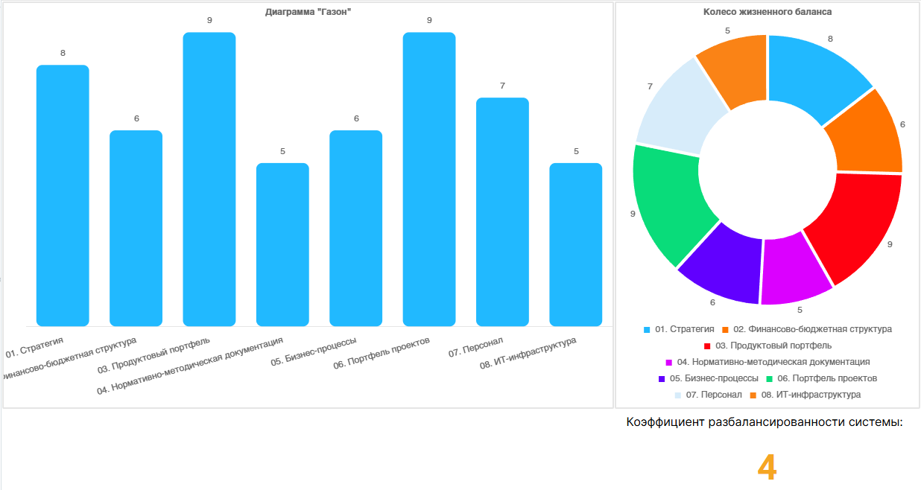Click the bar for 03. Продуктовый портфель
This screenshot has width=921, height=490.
(x=209, y=179)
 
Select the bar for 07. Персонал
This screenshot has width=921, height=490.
(x=502, y=211)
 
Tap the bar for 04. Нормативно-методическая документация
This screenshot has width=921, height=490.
(x=282, y=244)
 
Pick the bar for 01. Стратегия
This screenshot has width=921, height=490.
(x=63, y=195)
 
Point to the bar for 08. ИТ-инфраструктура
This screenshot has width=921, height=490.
(x=576, y=244)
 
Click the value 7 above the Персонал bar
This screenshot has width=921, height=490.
(x=502, y=86)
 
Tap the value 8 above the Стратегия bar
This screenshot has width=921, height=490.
(x=63, y=53)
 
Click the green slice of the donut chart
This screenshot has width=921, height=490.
(x=667, y=201)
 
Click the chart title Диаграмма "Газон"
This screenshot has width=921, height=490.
(x=308, y=12)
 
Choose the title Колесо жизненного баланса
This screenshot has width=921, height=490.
(x=767, y=12)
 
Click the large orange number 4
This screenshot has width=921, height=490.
(x=767, y=468)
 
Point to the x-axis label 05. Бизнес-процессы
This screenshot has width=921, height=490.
(x=314, y=354)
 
